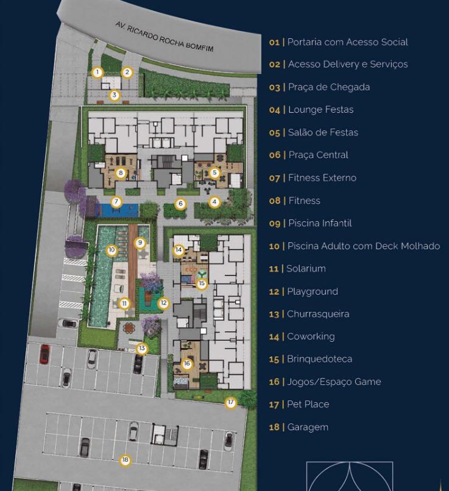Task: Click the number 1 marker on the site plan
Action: [97, 72]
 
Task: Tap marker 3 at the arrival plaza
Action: [115, 95]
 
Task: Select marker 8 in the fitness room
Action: [121, 172]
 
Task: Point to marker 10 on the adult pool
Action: [111, 250]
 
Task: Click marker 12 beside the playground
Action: [163, 303]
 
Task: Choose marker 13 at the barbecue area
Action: [142, 348]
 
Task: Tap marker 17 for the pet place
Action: [231, 403]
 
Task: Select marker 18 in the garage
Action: [126, 460]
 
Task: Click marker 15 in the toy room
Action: [202, 283]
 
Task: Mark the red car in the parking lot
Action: [44, 354]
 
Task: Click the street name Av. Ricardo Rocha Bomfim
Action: [164, 37]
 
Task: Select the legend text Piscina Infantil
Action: [320, 224]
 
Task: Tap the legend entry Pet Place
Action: [308, 404]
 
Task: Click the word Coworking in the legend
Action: [311, 336]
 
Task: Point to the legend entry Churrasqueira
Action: [318, 314]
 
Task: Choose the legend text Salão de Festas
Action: [323, 132]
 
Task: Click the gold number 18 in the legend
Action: [274, 427]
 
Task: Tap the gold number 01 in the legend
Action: [274, 42]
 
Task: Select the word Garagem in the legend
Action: [308, 428]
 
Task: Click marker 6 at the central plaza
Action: [180, 204]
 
